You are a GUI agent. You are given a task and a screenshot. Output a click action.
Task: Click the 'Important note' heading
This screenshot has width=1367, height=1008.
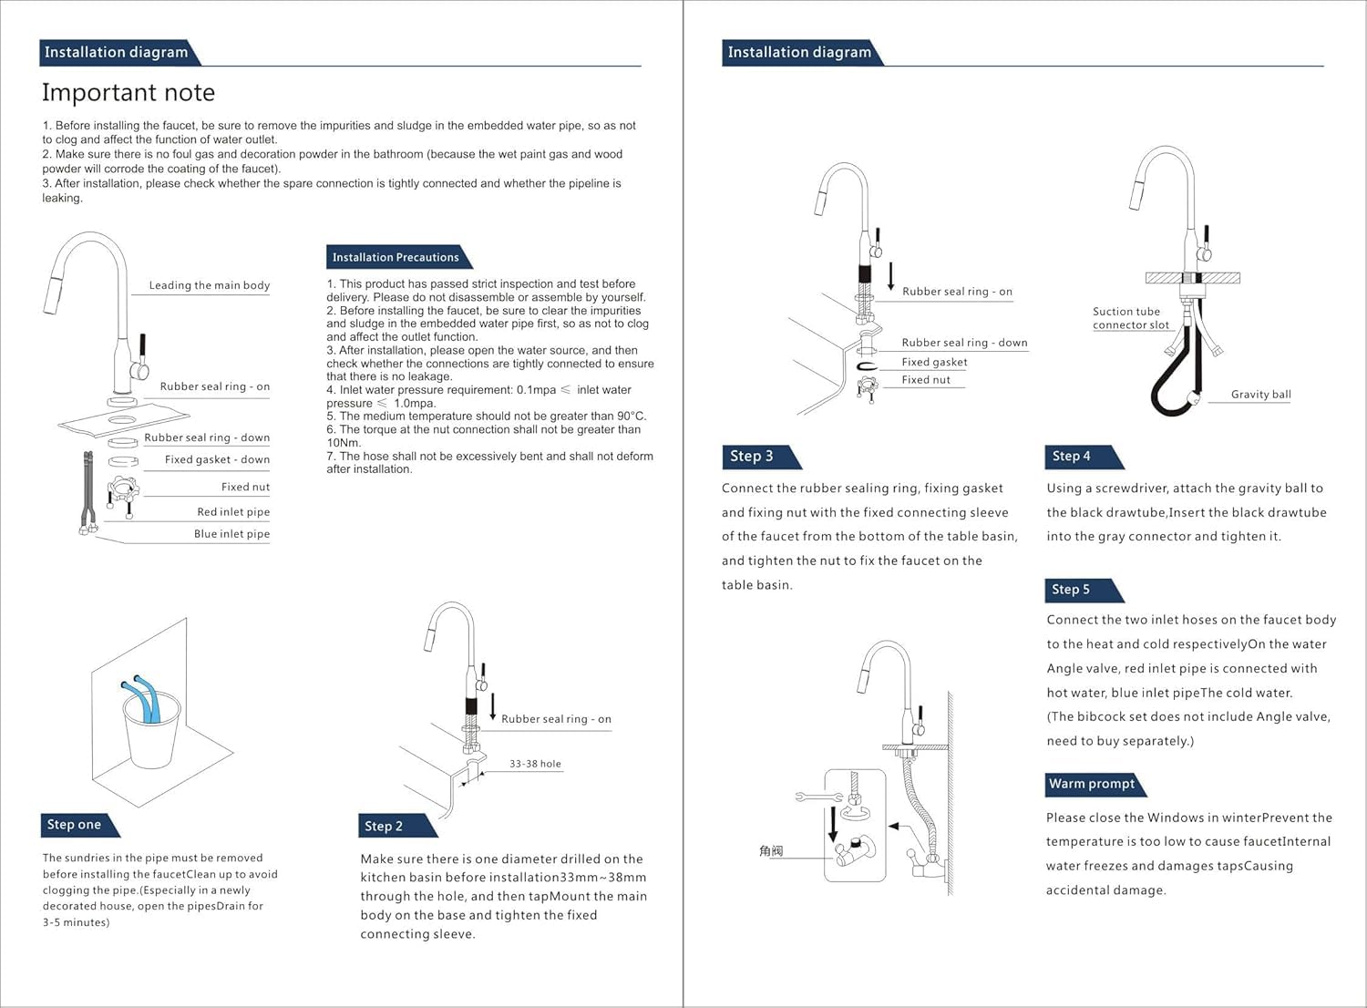128,93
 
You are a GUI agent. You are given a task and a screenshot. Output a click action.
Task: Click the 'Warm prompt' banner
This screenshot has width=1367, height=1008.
1092,784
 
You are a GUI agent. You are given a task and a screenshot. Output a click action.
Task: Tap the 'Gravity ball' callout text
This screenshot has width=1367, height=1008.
1260,394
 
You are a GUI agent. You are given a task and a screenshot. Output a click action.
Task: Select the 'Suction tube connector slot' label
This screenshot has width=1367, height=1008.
1131,318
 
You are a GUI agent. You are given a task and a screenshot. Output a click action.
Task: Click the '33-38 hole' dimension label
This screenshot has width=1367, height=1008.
535,764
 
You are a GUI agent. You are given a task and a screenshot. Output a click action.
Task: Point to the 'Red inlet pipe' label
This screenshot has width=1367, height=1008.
233,512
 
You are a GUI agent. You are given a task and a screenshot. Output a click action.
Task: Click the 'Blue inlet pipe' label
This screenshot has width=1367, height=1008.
231,534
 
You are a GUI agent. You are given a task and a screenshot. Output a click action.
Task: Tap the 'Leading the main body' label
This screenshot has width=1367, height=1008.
210,285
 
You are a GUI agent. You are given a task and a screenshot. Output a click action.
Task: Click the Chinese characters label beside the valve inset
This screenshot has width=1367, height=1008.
771,851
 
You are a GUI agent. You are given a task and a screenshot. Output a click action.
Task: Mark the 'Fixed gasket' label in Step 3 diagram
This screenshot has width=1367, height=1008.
934,363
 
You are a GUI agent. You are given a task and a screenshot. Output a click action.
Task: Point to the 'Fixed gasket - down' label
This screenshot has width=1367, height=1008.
217,460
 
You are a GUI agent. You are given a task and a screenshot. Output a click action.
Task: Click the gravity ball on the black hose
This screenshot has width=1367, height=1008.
1192,399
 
